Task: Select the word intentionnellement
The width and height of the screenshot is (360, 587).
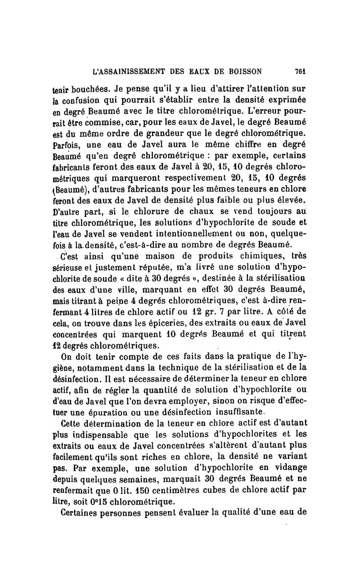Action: click(200, 234)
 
